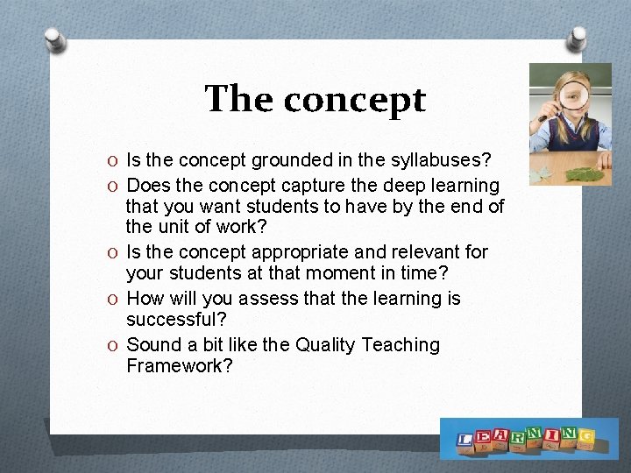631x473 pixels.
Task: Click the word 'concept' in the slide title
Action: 354,101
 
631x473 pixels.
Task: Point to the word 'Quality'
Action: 330,345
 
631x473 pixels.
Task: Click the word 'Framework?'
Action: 180,366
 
